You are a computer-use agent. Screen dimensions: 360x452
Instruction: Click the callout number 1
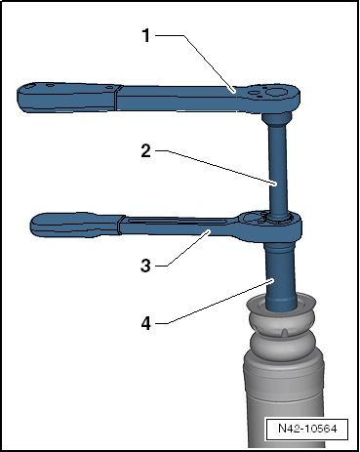pyautogui.click(x=146, y=35)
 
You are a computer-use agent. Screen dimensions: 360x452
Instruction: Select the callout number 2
pyautogui.click(x=146, y=151)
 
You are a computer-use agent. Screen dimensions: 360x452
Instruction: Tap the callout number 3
pyautogui.click(x=145, y=266)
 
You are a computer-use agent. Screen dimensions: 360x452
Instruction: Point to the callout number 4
pyautogui.click(x=146, y=323)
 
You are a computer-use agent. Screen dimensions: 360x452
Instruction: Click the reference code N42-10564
pyautogui.click(x=307, y=429)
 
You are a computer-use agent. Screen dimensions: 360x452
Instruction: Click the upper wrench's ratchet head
pyautogui.click(x=273, y=97)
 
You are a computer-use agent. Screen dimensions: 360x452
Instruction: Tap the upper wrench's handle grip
pyautogui.click(x=66, y=98)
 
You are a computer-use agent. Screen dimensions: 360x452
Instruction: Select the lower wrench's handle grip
pyautogui.click(x=76, y=225)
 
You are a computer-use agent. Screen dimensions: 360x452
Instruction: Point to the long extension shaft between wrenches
pyautogui.click(x=277, y=169)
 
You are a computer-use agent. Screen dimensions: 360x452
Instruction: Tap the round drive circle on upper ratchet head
pyautogui.click(x=274, y=92)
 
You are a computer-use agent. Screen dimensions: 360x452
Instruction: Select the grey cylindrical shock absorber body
pyautogui.click(x=284, y=400)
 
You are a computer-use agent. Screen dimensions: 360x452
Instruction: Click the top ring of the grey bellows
pyautogui.click(x=280, y=305)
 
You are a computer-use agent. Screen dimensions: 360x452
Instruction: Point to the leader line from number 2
pyautogui.click(x=216, y=167)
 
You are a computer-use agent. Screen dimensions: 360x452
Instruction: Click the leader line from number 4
pyautogui.click(x=215, y=302)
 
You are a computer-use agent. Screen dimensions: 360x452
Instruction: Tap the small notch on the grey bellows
pyautogui.click(x=284, y=333)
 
